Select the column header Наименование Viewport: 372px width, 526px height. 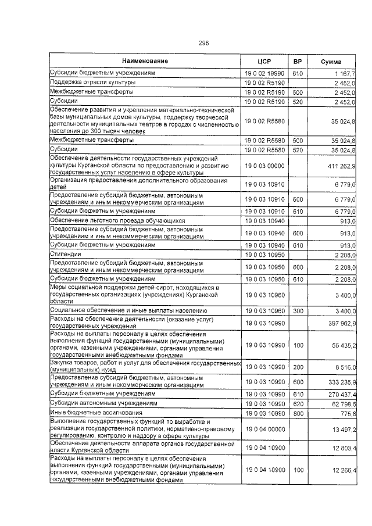(145, 62)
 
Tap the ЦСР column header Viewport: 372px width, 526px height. (264, 62)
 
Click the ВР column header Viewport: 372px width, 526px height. (298, 62)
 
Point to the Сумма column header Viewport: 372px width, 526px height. (331, 62)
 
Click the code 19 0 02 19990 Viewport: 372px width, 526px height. (264, 74)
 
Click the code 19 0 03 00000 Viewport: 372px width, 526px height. (264, 166)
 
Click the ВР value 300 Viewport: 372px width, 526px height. (298, 312)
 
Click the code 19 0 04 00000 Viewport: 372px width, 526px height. (264, 429)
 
